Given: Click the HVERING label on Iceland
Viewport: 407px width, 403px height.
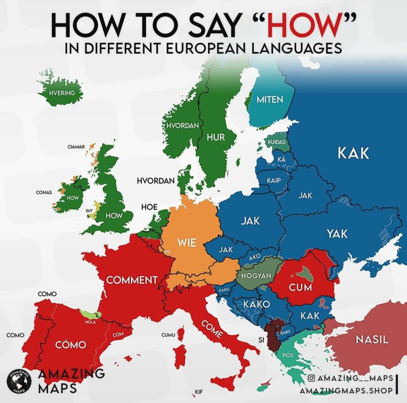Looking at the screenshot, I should pyautogui.click(x=62, y=93).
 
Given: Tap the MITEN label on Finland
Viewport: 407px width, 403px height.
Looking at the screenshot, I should pyautogui.click(x=269, y=99).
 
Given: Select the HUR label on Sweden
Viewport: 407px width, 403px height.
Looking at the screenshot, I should pyautogui.click(x=216, y=137).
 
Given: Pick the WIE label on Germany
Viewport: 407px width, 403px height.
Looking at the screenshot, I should pyautogui.click(x=187, y=242).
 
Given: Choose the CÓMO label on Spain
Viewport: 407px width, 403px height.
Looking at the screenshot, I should pyautogui.click(x=71, y=345).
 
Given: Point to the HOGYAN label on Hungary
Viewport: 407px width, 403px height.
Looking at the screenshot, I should pyautogui.click(x=256, y=276).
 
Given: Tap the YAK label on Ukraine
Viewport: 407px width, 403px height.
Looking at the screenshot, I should pyautogui.click(x=337, y=233).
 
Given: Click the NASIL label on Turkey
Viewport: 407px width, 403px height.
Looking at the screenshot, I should pyautogui.click(x=372, y=339).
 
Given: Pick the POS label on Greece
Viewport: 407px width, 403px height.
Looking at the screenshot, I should pyautogui.click(x=288, y=355).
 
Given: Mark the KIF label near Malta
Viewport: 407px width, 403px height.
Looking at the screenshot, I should pyautogui.click(x=199, y=392).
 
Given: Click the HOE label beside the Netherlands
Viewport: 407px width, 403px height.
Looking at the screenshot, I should pyautogui.click(x=149, y=207).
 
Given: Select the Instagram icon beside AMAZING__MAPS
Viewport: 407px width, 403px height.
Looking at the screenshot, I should pyautogui.click(x=311, y=378).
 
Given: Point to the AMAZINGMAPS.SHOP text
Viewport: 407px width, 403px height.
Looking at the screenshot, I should pyautogui.click(x=346, y=391).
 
